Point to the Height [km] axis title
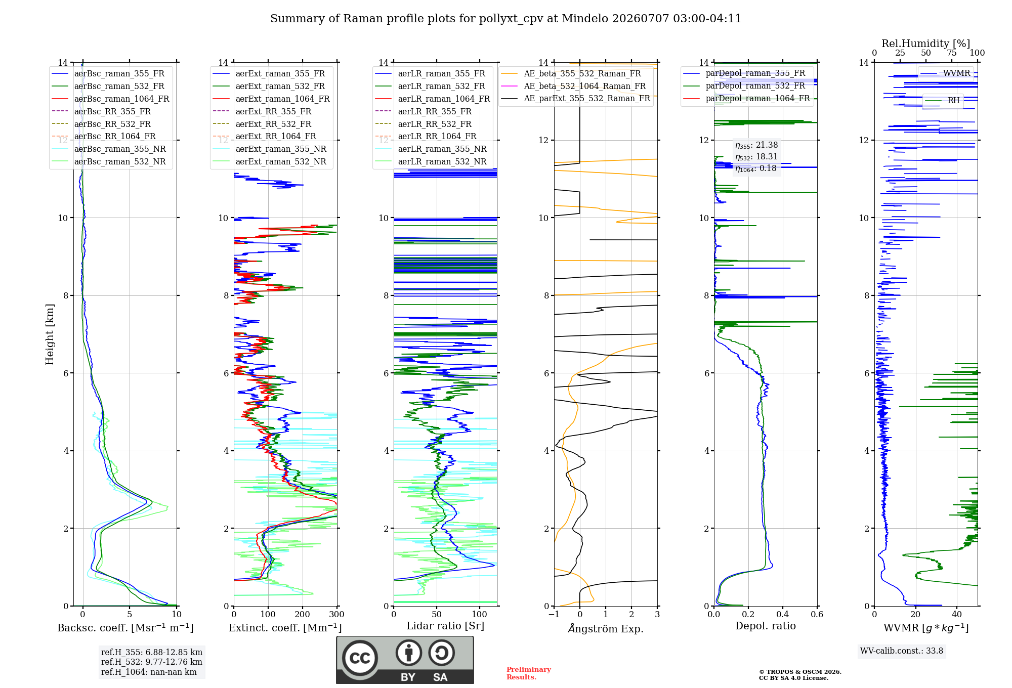[50, 334]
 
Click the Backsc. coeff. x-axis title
[125, 627]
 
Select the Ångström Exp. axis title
[606, 628]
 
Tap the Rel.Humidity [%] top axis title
[926, 44]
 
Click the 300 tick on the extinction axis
[336, 614]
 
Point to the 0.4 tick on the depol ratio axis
[783, 614]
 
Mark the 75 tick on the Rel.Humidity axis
[952, 53]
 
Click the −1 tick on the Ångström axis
[554, 614]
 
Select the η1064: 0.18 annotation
[755, 168]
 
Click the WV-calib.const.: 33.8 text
[902, 651]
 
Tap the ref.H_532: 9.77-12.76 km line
[151, 662]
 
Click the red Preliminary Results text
[529, 673]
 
